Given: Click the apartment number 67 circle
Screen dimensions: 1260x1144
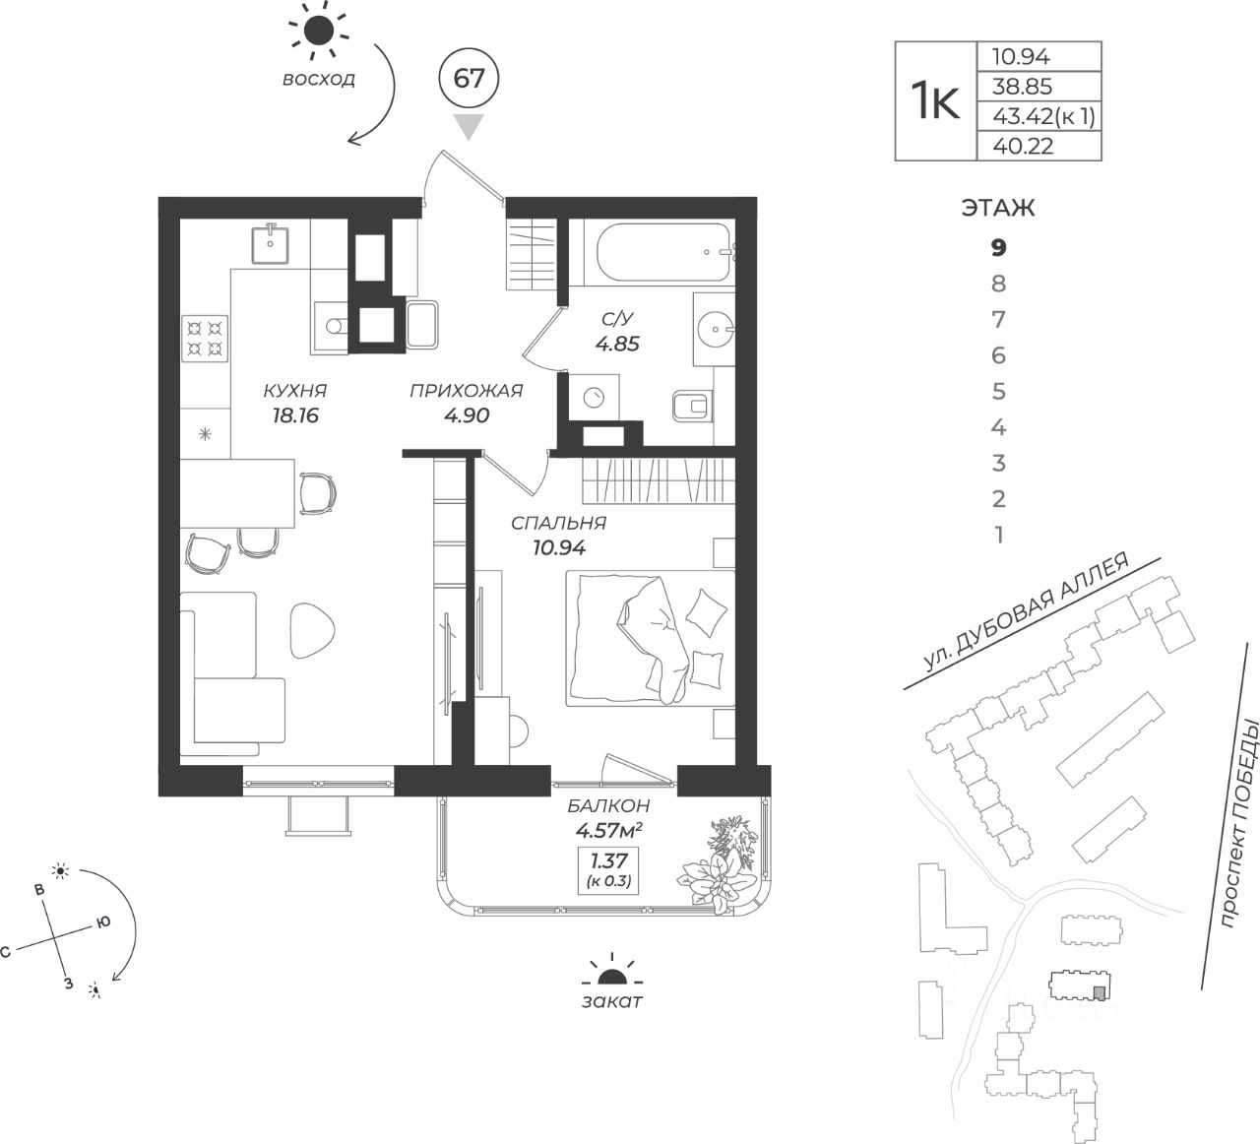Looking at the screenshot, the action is coord(470,79).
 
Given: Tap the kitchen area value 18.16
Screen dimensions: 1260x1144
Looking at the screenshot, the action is coord(295,415).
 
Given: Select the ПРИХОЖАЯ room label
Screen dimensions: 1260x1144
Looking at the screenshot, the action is coord(466,391).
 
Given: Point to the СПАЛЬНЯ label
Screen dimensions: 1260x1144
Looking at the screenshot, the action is coord(558,523).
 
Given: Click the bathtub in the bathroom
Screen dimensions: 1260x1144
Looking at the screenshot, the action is coord(664,253).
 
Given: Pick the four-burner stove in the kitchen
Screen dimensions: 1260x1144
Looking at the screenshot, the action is coord(205,338).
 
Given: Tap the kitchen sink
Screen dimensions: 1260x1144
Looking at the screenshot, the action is coord(270,244).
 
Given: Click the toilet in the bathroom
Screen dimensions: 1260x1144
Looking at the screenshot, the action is coord(693,406).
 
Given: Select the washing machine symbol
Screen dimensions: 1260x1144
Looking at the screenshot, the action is coord(594,397).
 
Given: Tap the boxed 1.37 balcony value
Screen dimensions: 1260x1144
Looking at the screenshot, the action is coord(608,869).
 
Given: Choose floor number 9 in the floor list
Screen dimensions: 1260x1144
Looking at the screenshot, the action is coord(999,247).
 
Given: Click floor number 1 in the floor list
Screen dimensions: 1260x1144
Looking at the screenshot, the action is coord(999,535).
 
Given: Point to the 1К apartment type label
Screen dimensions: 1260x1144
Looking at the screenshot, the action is coord(936,101).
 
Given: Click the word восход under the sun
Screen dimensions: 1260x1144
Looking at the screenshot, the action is coord(319,79).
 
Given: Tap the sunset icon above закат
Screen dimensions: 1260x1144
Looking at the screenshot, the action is coord(611,973).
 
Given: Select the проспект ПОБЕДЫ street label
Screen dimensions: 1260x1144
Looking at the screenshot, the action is coord(1239,824).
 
